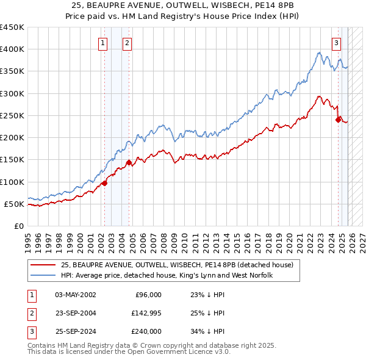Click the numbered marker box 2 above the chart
(x=127, y=43)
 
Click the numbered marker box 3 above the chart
(x=336, y=43)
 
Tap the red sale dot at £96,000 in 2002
(x=104, y=182)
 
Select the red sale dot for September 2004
(x=129, y=162)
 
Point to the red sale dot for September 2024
(x=338, y=120)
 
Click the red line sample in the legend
(x=44, y=265)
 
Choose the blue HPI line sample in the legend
(x=44, y=275)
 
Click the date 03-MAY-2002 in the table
(x=76, y=295)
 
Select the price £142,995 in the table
(x=146, y=313)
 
